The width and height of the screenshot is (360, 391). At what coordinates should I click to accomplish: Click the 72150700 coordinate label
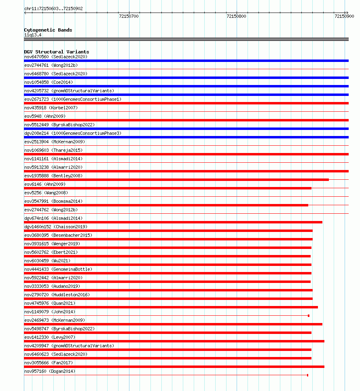(x=129, y=17)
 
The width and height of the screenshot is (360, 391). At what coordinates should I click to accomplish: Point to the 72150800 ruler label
(x=236, y=17)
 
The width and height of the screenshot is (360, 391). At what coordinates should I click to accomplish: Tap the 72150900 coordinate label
(x=344, y=17)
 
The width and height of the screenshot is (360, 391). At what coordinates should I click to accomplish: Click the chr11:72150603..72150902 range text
(x=53, y=8)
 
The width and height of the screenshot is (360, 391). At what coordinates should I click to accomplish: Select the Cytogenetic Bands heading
(x=48, y=30)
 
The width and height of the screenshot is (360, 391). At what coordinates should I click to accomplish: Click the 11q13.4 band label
(x=32, y=35)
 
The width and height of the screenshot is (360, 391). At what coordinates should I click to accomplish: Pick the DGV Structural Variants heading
(x=56, y=52)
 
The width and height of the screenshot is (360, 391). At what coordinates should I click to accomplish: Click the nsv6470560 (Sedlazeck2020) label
(x=55, y=57)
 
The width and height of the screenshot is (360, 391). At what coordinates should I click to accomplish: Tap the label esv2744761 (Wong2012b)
(x=51, y=65)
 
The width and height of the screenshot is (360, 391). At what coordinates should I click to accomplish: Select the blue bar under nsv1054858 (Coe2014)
(x=186, y=86)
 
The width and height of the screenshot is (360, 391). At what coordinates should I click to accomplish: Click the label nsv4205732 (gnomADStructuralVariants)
(x=69, y=91)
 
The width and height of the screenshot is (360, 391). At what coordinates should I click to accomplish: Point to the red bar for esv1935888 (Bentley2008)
(x=176, y=180)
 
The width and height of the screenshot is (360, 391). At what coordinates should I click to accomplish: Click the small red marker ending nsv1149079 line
(x=309, y=316)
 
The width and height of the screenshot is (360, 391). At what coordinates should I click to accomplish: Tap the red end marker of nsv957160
(x=307, y=375)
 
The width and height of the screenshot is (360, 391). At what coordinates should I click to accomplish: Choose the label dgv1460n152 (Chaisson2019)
(x=55, y=227)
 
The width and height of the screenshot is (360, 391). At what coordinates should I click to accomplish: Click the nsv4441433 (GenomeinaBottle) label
(x=58, y=269)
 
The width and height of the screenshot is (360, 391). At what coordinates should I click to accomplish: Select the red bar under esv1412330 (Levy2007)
(x=174, y=341)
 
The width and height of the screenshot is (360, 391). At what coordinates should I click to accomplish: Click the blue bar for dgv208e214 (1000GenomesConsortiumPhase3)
(x=186, y=137)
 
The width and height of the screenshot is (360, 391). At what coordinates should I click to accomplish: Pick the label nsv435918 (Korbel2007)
(x=51, y=108)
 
